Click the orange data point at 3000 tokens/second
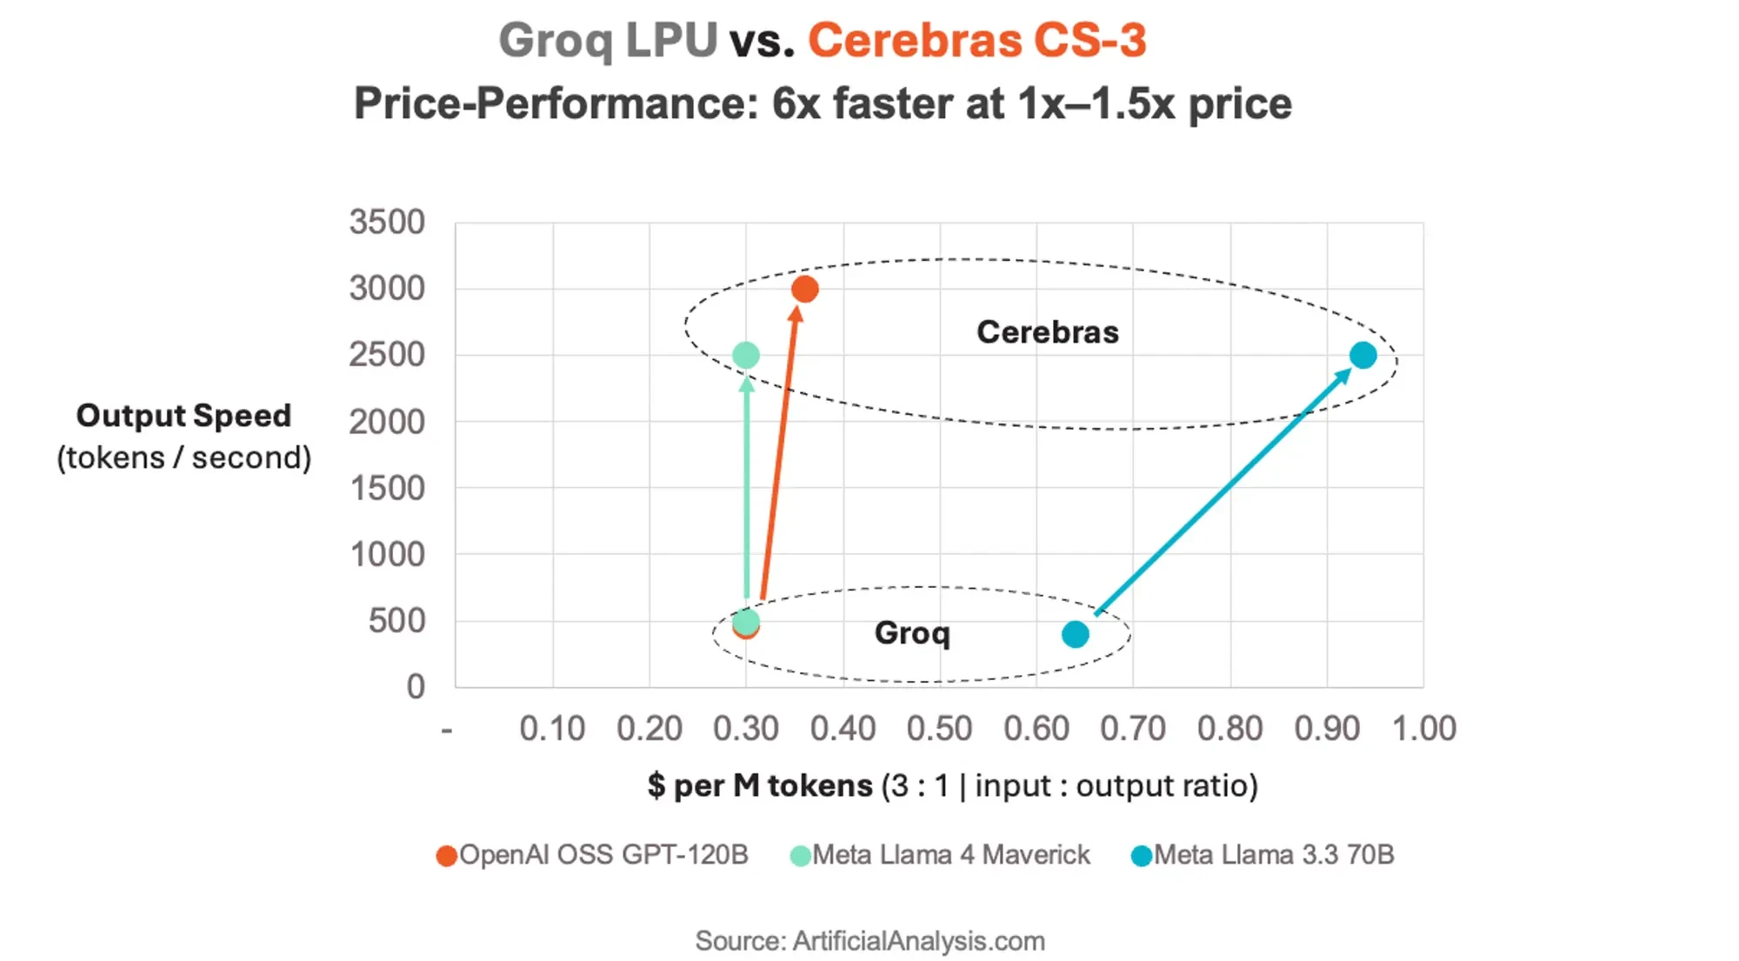click(x=804, y=289)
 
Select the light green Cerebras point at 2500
click(x=745, y=355)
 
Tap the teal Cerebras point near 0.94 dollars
click(x=1363, y=355)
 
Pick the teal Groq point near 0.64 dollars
click(x=1075, y=634)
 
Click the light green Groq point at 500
click(x=745, y=620)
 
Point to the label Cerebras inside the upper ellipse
click(x=1047, y=332)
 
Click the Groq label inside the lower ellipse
click(x=911, y=633)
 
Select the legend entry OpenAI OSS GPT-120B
click(x=593, y=855)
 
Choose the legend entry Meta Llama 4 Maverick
click(x=941, y=855)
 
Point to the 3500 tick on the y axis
click(x=387, y=223)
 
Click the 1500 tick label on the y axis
click(x=387, y=489)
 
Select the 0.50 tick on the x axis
click(x=939, y=729)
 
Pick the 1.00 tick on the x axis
click(x=1423, y=729)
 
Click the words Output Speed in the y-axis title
click(x=183, y=416)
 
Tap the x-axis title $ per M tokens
click(x=760, y=785)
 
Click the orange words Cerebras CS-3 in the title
click(x=976, y=41)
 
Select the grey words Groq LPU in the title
click(x=608, y=41)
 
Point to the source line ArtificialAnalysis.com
click(x=869, y=941)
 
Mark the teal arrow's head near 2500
click(x=1344, y=375)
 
